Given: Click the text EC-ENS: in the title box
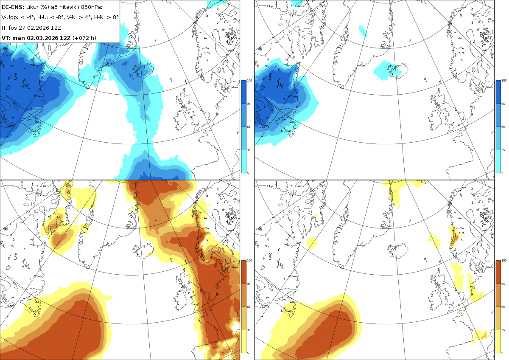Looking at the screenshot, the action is coord(13,7).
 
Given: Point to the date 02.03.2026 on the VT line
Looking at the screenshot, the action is coord(43,38).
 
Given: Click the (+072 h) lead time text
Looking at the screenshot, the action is coord(84,38).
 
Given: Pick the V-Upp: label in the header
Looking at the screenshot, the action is coord(10,17).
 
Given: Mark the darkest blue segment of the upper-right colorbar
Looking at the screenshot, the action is coord(498,92).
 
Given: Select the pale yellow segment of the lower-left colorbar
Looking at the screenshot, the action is coord(243,341).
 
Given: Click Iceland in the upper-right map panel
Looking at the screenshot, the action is coord(398,71).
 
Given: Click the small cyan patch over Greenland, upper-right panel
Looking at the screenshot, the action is coord(363,31).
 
